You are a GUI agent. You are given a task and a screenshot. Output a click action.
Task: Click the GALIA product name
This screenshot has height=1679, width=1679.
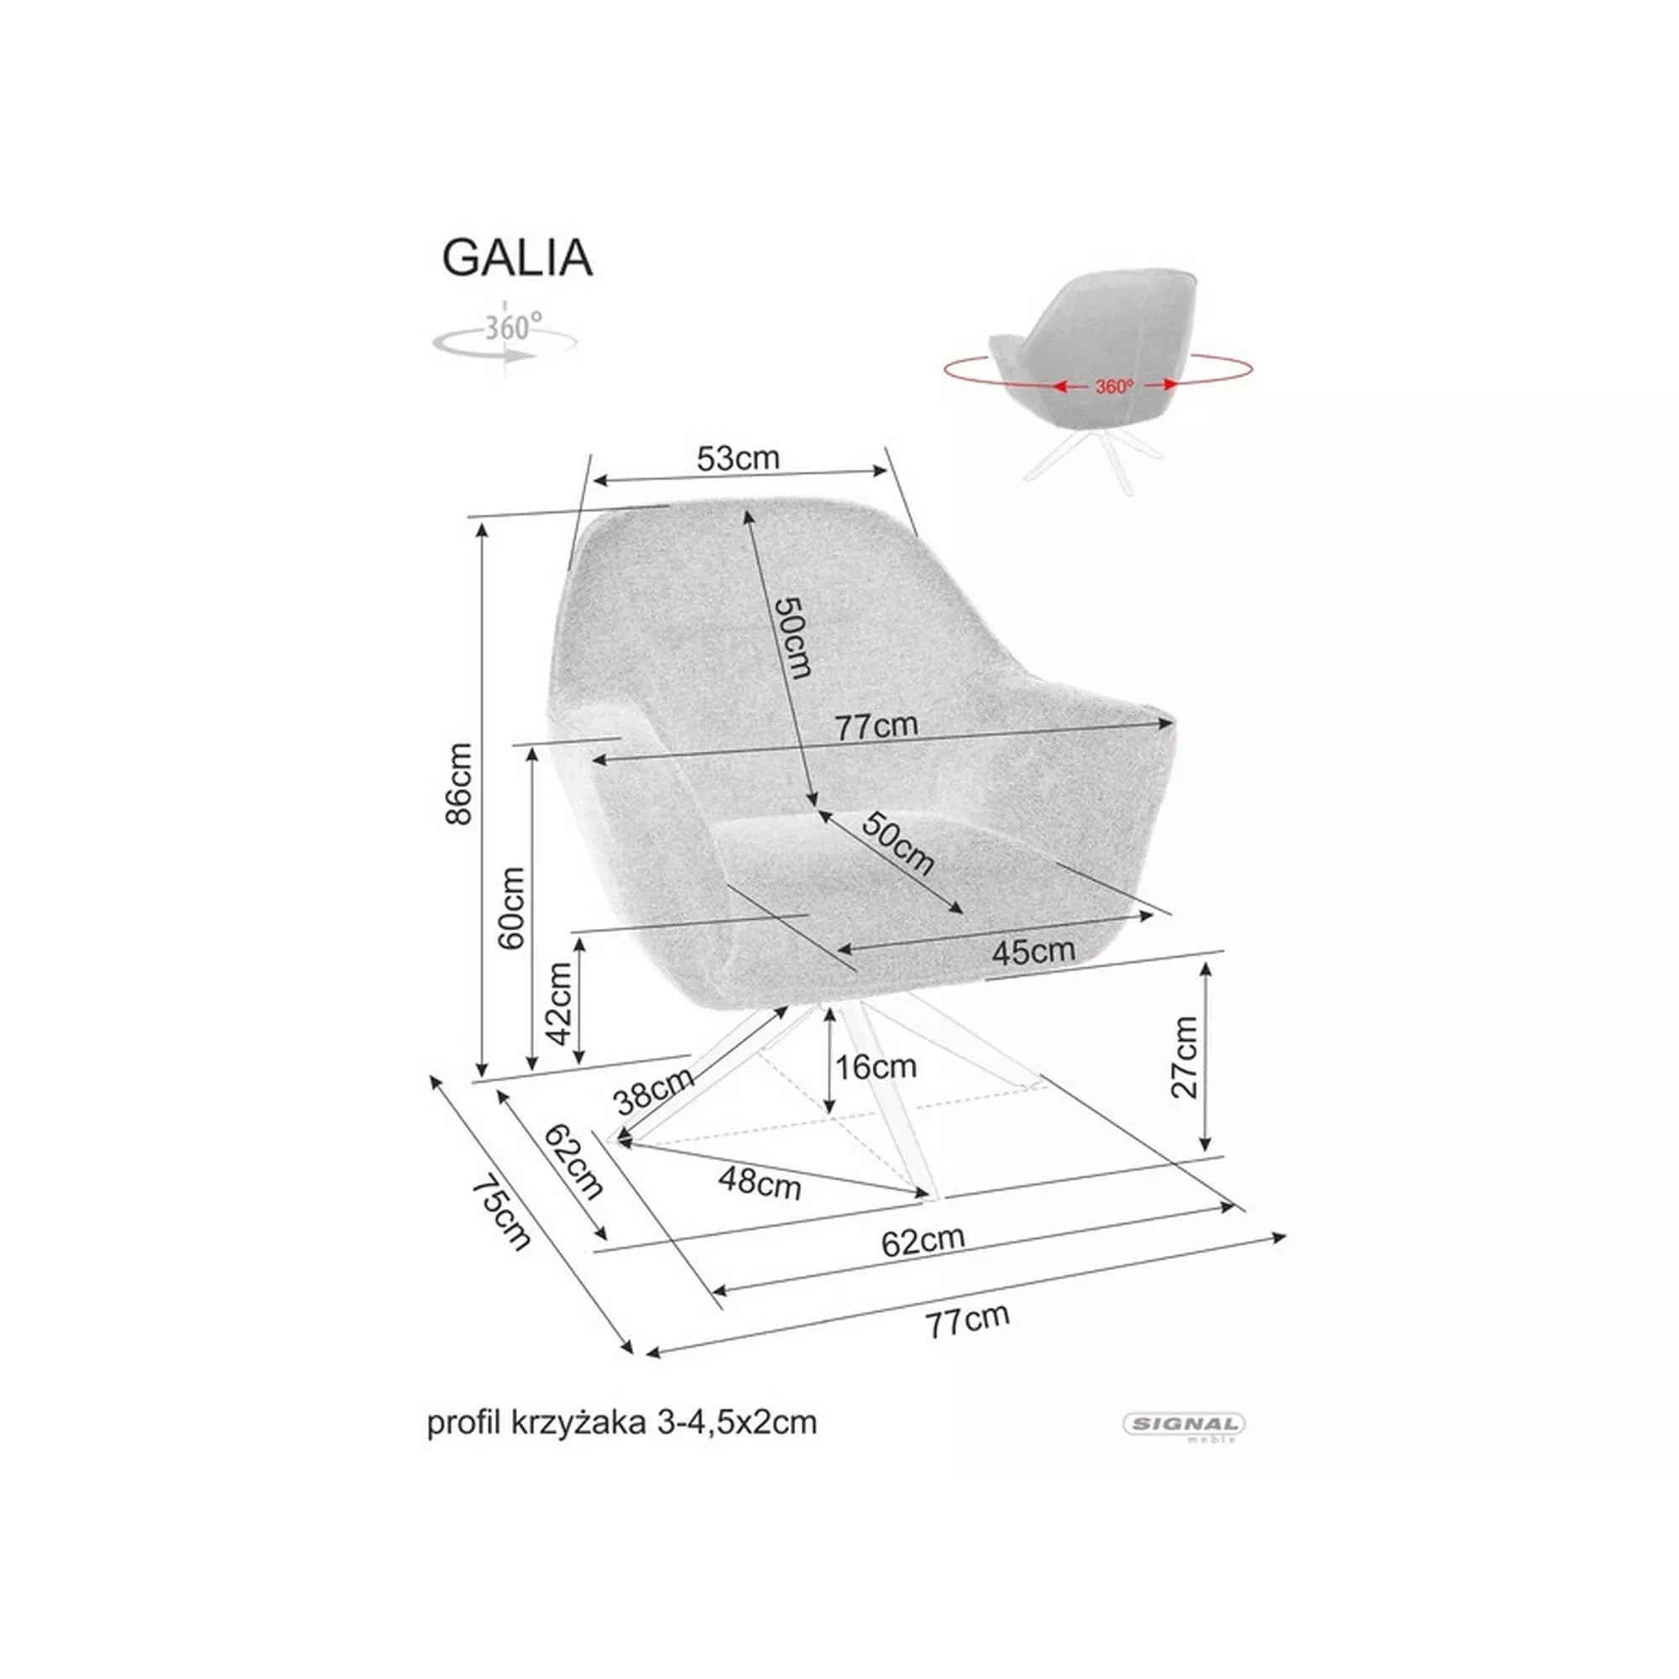click(518, 258)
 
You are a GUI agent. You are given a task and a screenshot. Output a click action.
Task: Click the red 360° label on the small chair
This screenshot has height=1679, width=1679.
click(1113, 387)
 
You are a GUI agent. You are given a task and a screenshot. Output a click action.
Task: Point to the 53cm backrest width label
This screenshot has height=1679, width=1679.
click(738, 458)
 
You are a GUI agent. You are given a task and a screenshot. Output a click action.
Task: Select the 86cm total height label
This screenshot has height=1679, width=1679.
click(459, 784)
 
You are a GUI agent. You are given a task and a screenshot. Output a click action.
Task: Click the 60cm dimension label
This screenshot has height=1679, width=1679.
click(513, 907)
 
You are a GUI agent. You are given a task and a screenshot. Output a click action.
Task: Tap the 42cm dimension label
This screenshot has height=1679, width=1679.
click(560, 1004)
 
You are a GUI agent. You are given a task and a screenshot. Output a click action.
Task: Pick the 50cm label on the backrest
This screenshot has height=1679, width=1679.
click(792, 637)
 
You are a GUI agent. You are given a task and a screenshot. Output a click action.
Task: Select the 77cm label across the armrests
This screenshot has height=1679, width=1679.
click(876, 726)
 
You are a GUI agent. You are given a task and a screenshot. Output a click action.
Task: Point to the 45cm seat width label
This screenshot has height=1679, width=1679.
click(1033, 952)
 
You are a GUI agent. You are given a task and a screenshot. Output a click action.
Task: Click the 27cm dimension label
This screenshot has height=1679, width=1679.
click(1185, 1057)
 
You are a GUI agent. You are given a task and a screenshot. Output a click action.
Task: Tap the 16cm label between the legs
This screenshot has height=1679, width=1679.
click(876, 1066)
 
